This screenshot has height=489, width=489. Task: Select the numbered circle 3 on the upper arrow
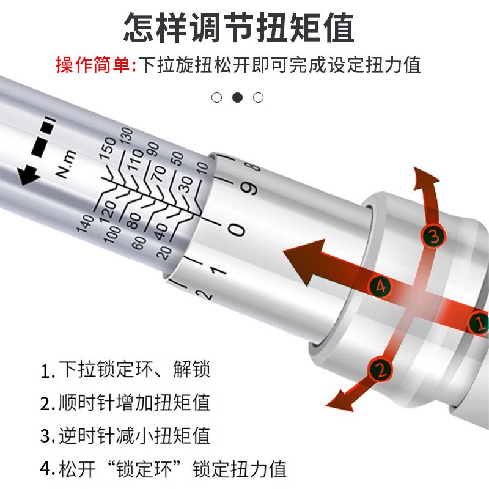433,236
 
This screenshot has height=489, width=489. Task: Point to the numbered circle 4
380,285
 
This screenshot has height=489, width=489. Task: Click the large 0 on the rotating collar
237,230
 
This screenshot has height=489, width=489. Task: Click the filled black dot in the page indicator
238,97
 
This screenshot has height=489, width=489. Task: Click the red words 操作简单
92,64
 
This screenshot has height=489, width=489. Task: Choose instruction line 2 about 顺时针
126,403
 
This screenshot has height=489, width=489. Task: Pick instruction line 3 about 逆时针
126,436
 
